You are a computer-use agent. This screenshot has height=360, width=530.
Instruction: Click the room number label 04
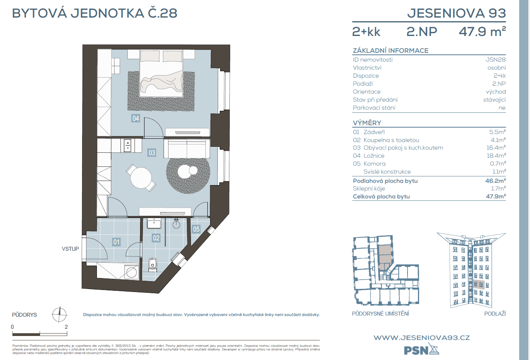(136, 118)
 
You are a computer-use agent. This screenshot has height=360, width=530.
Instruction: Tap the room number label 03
(152, 152)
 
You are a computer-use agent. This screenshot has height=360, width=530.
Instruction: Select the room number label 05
(196, 229)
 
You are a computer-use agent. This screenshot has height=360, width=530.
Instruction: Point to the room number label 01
(116, 242)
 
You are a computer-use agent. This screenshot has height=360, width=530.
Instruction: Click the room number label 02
(156, 238)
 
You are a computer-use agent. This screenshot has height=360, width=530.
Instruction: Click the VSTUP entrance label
(70, 249)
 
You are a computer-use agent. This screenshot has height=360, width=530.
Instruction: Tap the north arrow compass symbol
(60, 314)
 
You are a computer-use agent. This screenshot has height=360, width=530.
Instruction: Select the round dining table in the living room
(141, 177)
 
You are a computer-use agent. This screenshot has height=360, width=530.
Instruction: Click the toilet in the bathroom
(153, 264)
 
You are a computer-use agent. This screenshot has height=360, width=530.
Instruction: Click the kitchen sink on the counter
(128, 145)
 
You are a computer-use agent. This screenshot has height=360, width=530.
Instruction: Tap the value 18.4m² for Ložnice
(496, 156)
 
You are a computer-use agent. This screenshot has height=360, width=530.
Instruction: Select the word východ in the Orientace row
(496, 92)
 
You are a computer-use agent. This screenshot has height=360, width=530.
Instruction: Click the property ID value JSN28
(496, 60)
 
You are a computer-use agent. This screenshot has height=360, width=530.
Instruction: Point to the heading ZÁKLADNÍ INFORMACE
(390, 50)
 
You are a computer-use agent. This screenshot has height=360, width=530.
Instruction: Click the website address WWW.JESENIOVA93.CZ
(422, 338)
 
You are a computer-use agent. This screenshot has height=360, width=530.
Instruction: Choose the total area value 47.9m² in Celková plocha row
(496, 196)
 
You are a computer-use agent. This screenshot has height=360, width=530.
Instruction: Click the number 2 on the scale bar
(66, 327)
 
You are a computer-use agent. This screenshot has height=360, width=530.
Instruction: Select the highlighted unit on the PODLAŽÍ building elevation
(479, 285)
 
